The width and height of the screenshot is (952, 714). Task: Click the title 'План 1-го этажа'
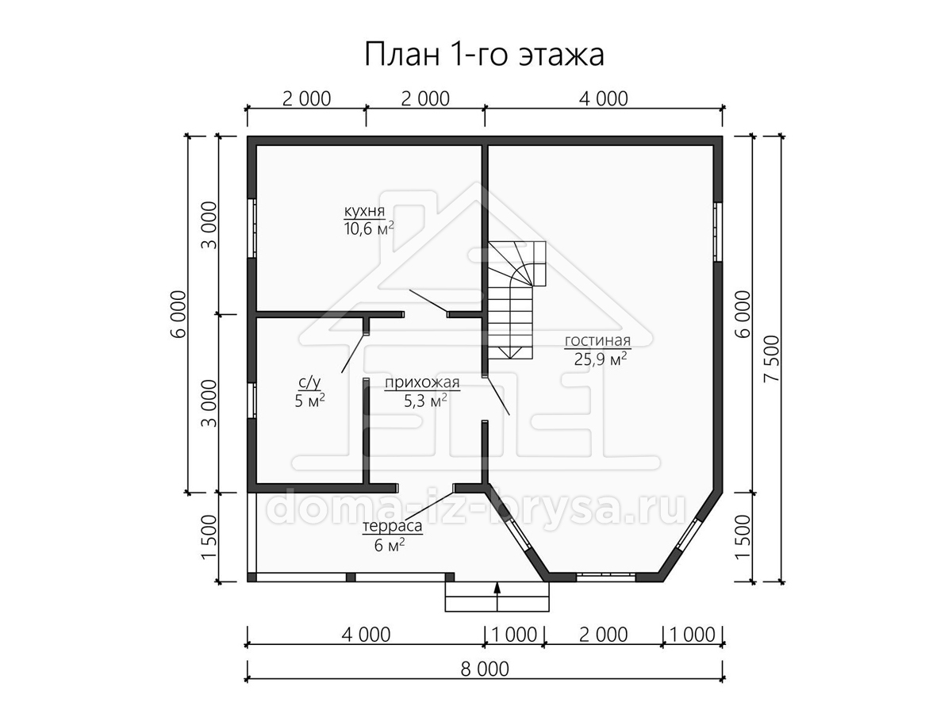pos(484,55)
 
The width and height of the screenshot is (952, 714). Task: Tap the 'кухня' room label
pos(365,211)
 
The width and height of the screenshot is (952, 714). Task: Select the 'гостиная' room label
pos(597,341)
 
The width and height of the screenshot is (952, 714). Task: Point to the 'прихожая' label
pos(422,383)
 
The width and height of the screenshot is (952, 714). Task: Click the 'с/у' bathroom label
pos(309,383)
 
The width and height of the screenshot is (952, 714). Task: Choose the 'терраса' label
pos(393,526)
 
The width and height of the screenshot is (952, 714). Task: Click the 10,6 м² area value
pos(369,228)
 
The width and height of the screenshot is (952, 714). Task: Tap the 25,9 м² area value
pos(601,359)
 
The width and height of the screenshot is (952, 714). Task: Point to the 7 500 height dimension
pos(772,359)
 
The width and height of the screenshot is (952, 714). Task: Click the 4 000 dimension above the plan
pos(604,99)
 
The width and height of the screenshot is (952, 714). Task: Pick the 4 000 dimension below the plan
pos(366,635)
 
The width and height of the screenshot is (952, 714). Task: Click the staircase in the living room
pos(516,300)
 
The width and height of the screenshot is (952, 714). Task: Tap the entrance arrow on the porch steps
pos(497,596)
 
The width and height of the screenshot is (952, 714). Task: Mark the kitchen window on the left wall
pos(252,228)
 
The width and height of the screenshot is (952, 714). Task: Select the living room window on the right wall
pos(718,232)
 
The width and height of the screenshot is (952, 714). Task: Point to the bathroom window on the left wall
pos(252,401)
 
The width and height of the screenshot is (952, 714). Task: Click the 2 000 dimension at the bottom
pos(603,635)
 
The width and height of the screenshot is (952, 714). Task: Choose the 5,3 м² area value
pos(425,401)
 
